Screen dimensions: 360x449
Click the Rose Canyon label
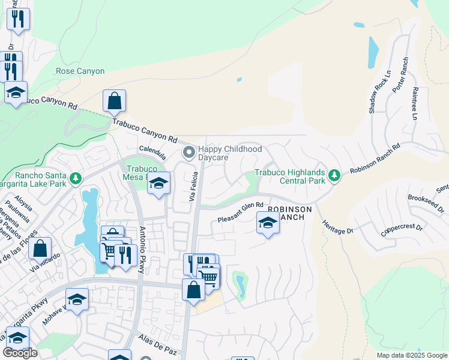(80, 71)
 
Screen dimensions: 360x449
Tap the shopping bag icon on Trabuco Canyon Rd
(114, 101)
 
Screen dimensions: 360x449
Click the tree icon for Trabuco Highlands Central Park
(334, 176)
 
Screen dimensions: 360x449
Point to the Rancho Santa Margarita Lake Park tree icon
(74, 179)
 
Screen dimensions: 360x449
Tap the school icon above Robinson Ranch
(268, 223)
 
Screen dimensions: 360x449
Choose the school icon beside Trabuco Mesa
(158, 184)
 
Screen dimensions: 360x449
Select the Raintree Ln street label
(414, 103)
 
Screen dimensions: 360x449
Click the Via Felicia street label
(193, 190)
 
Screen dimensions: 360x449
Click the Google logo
(20, 353)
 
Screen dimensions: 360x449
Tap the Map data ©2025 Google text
(411, 355)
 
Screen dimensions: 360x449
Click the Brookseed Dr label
(425, 203)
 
